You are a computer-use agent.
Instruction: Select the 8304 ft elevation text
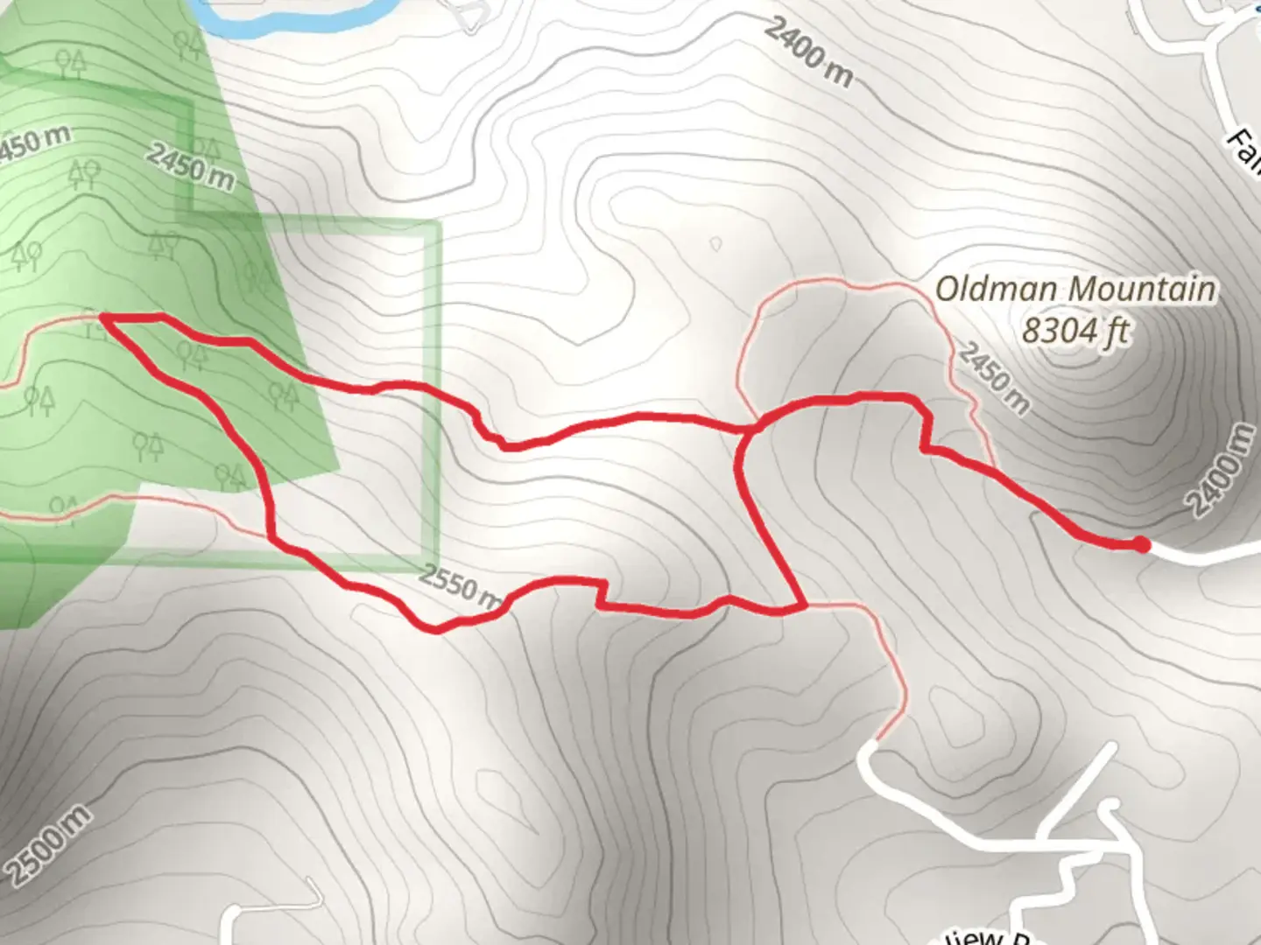tap(1076, 332)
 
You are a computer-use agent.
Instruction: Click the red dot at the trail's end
tap(1141, 545)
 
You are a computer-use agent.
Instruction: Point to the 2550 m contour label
tap(460, 588)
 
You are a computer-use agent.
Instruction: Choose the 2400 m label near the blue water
tap(807, 52)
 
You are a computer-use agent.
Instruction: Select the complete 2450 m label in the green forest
tap(190, 166)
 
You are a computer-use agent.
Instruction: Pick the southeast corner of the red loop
tap(802, 605)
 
